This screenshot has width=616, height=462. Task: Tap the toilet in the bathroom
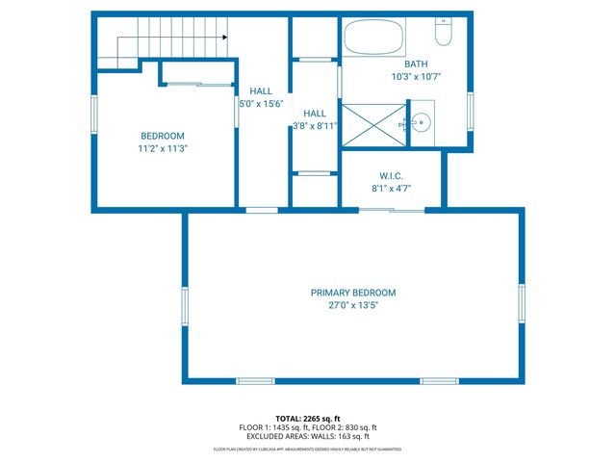[444, 34]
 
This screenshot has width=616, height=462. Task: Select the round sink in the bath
[421, 122]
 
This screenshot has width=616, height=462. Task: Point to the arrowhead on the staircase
[223, 38]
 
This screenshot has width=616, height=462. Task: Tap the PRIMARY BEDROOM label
[352, 293]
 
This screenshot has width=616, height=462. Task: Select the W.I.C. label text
[391, 176]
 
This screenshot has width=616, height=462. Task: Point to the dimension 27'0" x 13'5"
[352, 305]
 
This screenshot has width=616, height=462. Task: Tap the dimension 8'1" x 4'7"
[391, 189]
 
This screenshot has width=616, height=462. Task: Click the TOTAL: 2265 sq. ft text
[308, 418]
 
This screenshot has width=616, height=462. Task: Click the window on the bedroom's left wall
[94, 115]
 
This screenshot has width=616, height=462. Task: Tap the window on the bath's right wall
[471, 108]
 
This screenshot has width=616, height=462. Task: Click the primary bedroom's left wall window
[185, 306]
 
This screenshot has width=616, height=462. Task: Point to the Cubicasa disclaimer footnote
[308, 449]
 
